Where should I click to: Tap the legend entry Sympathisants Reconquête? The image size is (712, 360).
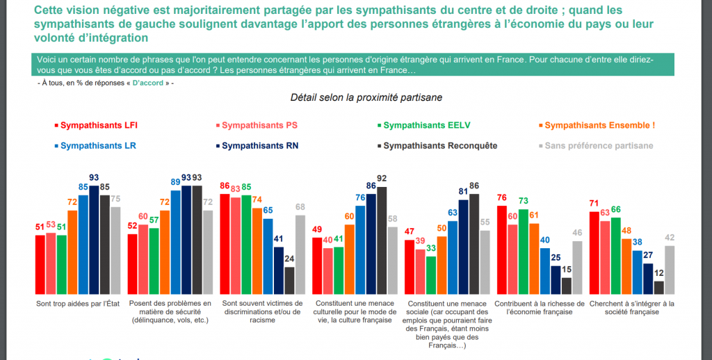point(440,146)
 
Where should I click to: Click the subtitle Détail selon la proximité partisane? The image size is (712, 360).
point(366,98)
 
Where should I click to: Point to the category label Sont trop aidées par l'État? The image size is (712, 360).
point(77,304)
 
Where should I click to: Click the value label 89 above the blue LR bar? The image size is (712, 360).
point(176,181)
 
